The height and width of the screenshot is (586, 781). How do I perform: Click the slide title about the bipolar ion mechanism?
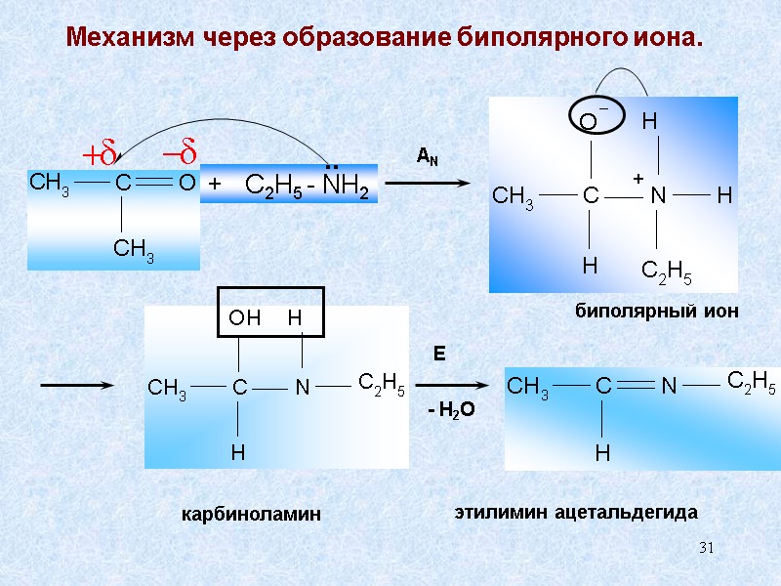click(384, 40)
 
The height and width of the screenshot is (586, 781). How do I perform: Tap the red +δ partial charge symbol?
click(99, 153)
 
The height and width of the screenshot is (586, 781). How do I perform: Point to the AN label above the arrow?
click(427, 156)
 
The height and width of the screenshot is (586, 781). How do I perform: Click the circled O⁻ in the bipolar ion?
click(590, 121)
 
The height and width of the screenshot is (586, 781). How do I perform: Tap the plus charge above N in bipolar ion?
click(637, 179)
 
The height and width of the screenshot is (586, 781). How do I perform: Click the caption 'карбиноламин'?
click(251, 514)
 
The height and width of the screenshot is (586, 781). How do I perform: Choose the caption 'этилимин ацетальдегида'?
click(578, 511)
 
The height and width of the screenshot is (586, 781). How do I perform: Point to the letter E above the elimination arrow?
click(439, 356)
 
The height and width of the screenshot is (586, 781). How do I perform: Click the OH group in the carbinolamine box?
click(245, 318)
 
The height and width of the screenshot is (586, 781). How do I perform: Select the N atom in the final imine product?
click(669, 388)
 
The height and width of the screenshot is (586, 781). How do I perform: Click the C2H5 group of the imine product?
click(752, 382)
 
